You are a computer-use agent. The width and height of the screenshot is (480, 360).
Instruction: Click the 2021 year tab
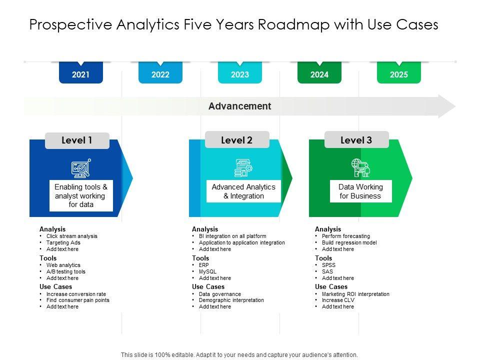80,74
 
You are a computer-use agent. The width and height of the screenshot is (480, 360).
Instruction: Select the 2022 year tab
160,74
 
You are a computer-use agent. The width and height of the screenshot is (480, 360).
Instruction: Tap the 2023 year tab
240,74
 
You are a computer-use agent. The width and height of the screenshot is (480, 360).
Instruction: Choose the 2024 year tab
319,74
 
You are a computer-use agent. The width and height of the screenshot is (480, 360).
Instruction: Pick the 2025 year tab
398,74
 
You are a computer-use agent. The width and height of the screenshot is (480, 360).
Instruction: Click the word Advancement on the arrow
239,106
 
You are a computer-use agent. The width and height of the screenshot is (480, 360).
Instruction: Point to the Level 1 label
77,140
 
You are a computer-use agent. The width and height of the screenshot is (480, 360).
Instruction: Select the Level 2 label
236,140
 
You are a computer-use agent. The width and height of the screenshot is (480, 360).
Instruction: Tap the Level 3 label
356,140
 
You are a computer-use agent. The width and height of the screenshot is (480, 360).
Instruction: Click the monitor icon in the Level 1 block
81,168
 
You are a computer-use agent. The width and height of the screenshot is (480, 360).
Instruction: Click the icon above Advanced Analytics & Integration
243,168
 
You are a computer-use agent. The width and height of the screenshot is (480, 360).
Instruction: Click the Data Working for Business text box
360,191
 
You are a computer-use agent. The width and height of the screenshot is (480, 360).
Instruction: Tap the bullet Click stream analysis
71,236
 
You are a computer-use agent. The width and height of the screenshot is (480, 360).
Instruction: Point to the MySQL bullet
207,271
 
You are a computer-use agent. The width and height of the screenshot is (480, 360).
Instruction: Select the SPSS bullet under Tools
328,265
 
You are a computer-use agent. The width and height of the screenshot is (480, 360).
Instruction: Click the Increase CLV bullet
338,300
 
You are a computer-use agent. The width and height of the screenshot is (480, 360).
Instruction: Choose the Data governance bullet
219,294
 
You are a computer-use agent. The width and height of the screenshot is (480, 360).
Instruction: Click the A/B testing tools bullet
65,271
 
